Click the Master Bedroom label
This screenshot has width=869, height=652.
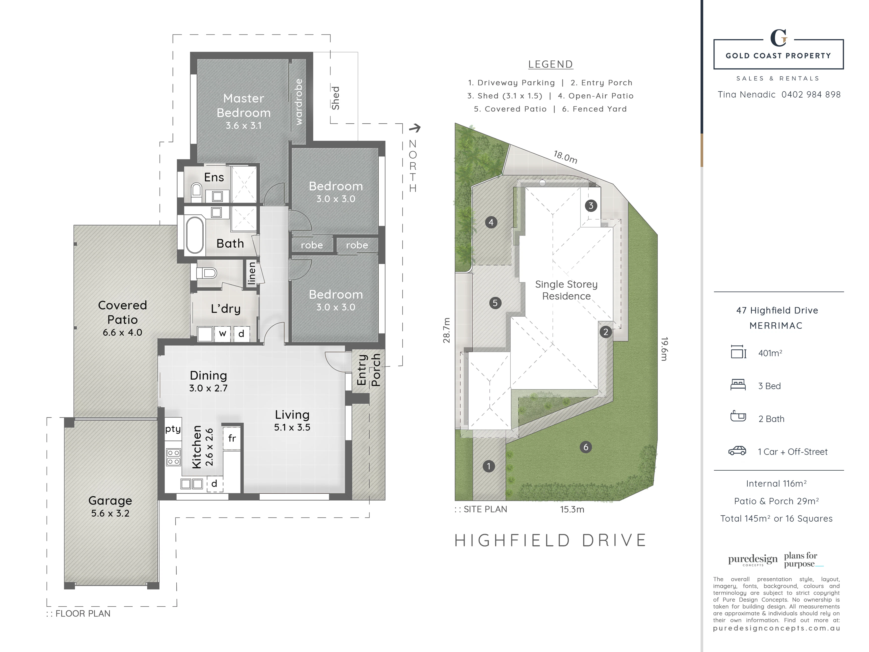pos(244,105)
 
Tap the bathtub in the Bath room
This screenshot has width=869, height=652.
pos(195,235)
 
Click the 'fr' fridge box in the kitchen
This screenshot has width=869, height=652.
pos(232,438)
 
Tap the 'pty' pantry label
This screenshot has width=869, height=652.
pos(173,429)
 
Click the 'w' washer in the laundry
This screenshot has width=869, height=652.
pos(222,334)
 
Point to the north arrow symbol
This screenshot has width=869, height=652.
pos(415,128)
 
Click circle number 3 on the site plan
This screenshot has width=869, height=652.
pos(591,205)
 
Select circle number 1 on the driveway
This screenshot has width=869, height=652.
pos(489,466)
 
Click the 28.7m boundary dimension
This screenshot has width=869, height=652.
pos(446,330)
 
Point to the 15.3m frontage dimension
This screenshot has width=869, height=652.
pos(572,509)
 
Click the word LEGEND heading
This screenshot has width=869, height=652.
pos(550,64)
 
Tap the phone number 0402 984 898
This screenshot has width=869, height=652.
pos(811,94)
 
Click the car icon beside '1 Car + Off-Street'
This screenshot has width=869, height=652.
pos(737,451)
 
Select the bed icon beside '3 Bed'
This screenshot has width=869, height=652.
pos(738,385)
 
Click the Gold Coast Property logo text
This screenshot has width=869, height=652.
pos(778,56)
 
